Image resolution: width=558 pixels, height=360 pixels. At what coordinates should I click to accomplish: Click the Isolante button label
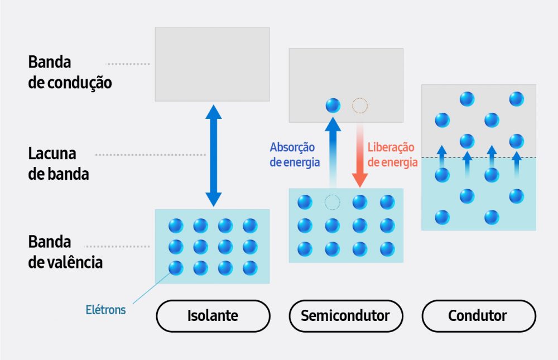point(212,316)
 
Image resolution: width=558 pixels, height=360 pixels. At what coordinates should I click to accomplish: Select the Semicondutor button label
point(345,316)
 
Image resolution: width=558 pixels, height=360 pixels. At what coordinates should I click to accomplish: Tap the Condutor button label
point(478,316)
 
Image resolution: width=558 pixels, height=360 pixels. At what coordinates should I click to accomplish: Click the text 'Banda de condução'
point(70,73)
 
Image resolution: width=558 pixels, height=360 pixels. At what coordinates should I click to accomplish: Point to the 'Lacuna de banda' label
point(59,163)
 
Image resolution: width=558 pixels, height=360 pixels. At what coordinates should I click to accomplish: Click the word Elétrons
point(105,309)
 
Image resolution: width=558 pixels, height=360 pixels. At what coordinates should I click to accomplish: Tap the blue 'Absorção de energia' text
point(295,155)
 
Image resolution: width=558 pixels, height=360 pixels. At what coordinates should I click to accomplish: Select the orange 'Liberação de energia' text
point(392,155)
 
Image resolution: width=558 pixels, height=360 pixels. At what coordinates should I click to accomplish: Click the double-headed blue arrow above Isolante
point(214,155)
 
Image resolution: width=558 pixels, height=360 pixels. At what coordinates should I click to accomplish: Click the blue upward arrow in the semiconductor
point(333,151)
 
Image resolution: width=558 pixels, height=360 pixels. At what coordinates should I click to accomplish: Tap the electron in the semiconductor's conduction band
point(333,105)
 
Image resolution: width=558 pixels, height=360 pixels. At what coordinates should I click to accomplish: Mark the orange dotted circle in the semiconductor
point(360,105)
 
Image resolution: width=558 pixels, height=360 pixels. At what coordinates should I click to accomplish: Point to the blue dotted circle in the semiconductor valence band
point(332,202)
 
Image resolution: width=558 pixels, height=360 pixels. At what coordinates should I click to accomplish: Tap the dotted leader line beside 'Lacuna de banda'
point(151,155)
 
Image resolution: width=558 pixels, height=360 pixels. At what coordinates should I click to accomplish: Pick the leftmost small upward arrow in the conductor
point(441,155)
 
